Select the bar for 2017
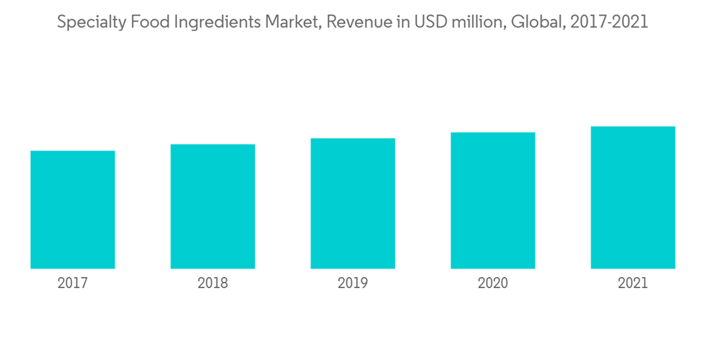coord(73,209)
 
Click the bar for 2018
coord(213,206)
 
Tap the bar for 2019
coord(353,204)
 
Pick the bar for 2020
coord(493,200)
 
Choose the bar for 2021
coord(633,197)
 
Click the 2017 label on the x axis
coord(73,284)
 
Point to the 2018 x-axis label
coord(213,284)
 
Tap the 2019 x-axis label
coord(353,284)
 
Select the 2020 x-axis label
coord(493,284)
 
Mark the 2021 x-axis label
coord(633,284)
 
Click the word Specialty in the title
coord(89,23)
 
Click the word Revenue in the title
coord(353,23)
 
